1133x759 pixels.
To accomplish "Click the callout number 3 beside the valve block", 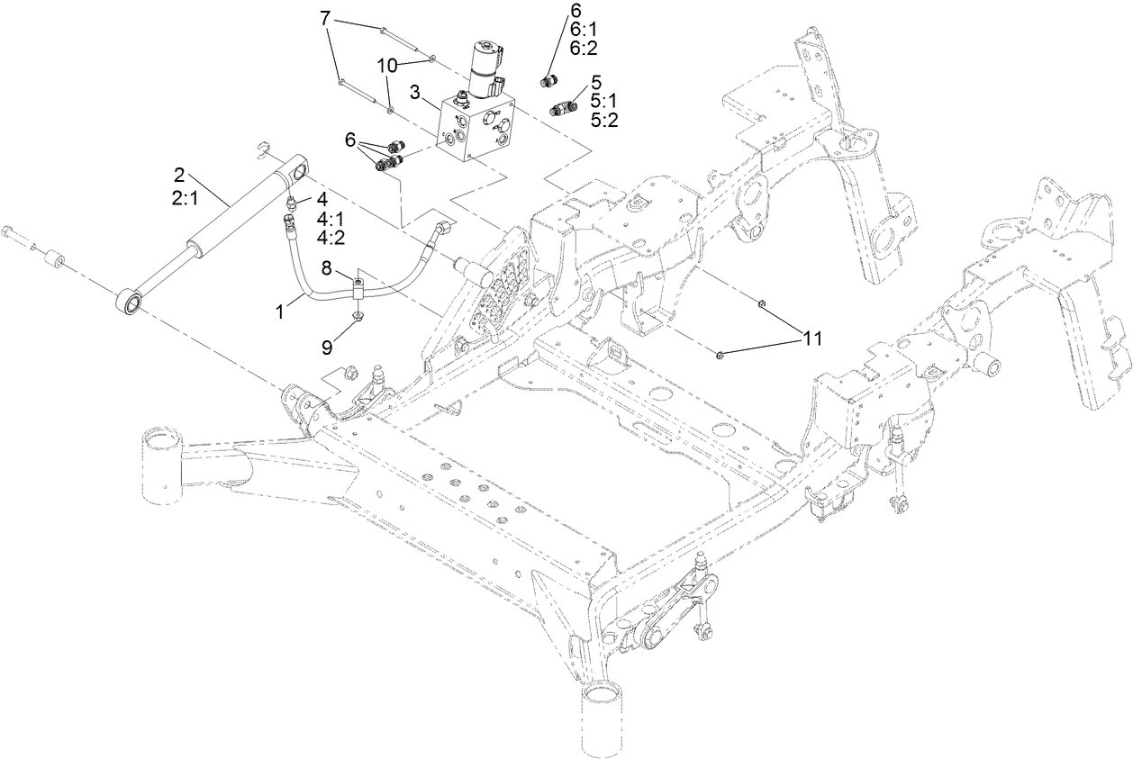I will click(x=415, y=92).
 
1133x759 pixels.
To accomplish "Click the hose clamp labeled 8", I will click(x=358, y=289).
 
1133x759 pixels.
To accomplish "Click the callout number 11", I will click(x=812, y=339).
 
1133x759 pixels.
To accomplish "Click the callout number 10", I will click(x=385, y=67).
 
